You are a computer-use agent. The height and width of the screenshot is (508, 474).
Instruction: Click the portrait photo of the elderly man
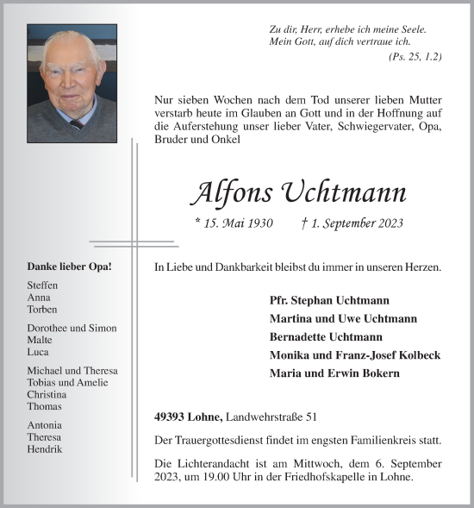[72, 83]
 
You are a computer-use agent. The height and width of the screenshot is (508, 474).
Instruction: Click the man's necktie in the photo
[76, 123]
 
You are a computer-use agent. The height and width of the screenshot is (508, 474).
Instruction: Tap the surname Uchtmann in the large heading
[338, 192]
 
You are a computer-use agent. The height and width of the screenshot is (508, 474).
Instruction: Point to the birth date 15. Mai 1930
[234, 224]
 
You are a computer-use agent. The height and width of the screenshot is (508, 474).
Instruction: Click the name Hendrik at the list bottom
[45, 449]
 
